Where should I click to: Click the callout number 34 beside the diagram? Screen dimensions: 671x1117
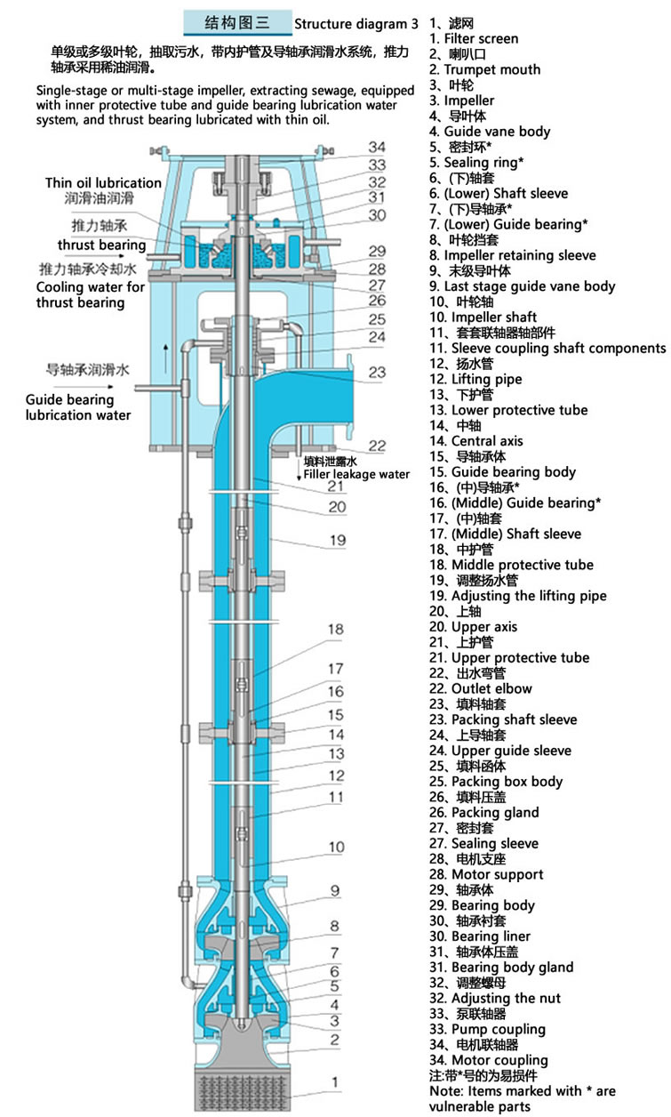(x=377, y=147)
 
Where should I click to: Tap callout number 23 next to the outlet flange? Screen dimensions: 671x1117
(x=377, y=372)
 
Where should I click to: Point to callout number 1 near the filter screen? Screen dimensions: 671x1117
(x=335, y=1081)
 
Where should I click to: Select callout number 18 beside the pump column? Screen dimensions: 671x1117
(x=336, y=630)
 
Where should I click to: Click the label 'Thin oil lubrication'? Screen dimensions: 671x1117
(x=103, y=183)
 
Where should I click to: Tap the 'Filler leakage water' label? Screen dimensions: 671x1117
(x=356, y=474)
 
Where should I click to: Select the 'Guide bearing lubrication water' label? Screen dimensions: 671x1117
(x=78, y=407)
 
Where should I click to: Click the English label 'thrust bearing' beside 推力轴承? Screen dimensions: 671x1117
(x=101, y=245)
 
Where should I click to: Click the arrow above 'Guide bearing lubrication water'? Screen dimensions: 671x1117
(x=84, y=387)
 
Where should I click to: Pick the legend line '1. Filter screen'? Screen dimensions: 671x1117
(x=474, y=39)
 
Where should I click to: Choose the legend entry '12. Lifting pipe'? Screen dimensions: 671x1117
(x=475, y=380)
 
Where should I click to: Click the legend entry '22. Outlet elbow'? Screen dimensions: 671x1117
(x=481, y=688)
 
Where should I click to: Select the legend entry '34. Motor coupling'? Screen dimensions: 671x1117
(x=489, y=1060)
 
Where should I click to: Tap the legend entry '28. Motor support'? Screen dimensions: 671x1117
(x=486, y=874)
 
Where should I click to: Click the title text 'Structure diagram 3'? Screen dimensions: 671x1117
(x=355, y=24)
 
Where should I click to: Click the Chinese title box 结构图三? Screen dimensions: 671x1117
(x=237, y=22)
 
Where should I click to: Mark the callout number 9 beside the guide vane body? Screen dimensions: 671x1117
(x=335, y=890)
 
